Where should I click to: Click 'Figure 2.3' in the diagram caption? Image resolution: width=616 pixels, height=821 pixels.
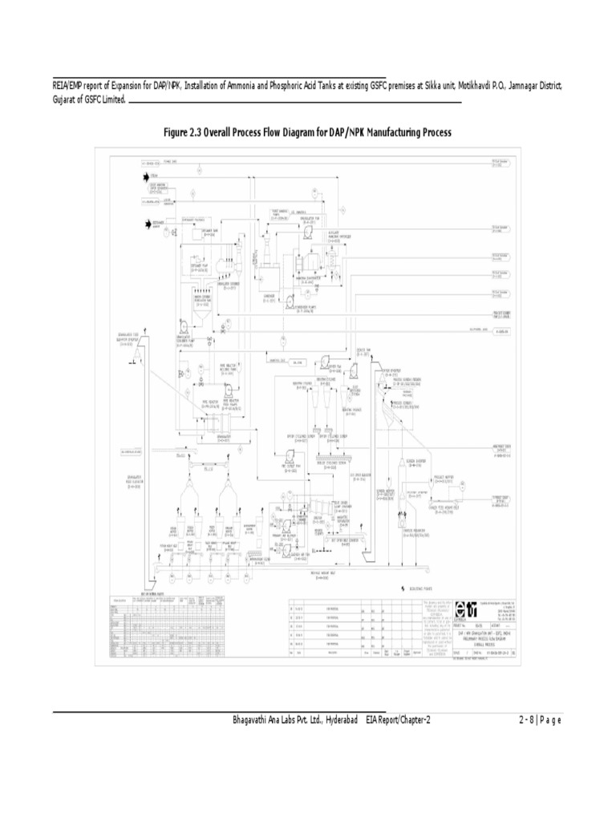[x=182, y=131]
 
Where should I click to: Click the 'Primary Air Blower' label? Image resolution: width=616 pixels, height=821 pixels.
[x=284, y=536]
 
